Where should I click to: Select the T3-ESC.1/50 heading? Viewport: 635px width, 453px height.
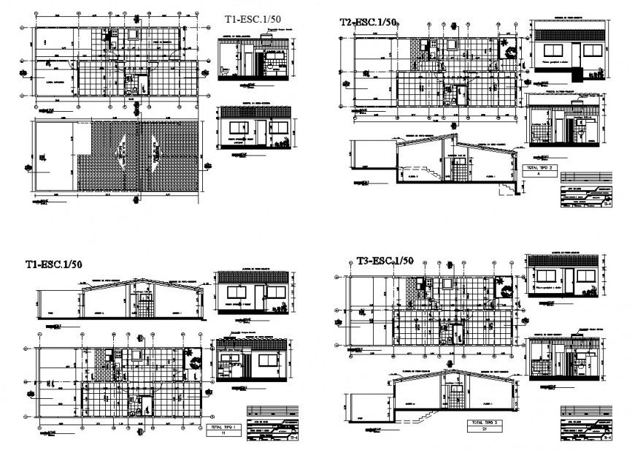385,260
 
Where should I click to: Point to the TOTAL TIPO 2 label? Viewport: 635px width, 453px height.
539,167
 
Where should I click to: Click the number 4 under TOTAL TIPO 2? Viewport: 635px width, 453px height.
539,175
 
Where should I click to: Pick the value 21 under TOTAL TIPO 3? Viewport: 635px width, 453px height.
484,430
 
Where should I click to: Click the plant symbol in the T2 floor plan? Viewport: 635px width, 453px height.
506,48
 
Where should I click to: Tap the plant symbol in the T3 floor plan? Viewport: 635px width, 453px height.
503,288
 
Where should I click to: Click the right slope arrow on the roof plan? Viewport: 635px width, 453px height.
155,151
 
